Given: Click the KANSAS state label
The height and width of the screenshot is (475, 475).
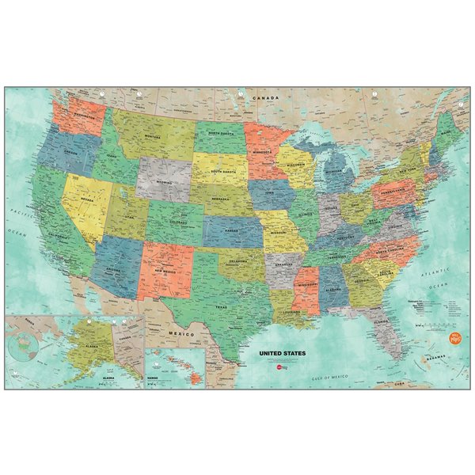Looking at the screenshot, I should click(x=231, y=229).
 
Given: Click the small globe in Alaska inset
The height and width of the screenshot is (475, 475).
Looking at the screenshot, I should click(x=24, y=346).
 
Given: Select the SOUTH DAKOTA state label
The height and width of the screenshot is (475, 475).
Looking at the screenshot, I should click(x=219, y=169).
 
